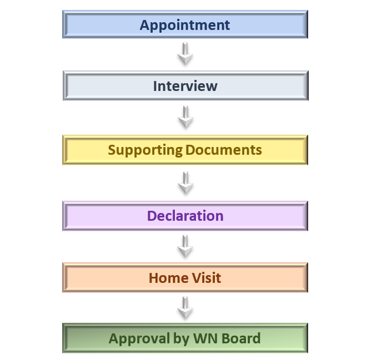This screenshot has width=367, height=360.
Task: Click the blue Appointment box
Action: [x=185, y=24]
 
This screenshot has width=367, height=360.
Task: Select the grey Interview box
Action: [x=185, y=85]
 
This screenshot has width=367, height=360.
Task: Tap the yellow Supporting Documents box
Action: [x=185, y=150]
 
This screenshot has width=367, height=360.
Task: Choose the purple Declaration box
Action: [x=185, y=216]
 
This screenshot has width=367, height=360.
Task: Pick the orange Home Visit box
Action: [x=185, y=277]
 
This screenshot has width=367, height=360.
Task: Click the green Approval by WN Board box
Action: [x=185, y=338]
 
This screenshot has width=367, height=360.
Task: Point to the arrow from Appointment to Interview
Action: [x=185, y=54]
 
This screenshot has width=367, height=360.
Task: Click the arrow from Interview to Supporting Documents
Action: [x=185, y=116]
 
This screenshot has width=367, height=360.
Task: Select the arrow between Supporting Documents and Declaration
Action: [x=185, y=183]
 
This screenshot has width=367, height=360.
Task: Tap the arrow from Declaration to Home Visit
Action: [x=185, y=246]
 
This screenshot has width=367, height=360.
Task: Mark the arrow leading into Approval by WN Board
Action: [x=185, y=308]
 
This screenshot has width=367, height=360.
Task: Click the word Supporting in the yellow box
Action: [x=145, y=150]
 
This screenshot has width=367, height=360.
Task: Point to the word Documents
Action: [x=224, y=150]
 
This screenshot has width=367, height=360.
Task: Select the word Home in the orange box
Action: [x=169, y=278]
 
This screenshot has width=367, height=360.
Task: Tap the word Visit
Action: [x=207, y=278]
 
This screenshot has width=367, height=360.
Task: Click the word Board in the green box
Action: [x=241, y=338]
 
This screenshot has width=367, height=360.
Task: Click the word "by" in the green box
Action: [x=181, y=339]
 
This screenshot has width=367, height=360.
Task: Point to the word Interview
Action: [x=185, y=86]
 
